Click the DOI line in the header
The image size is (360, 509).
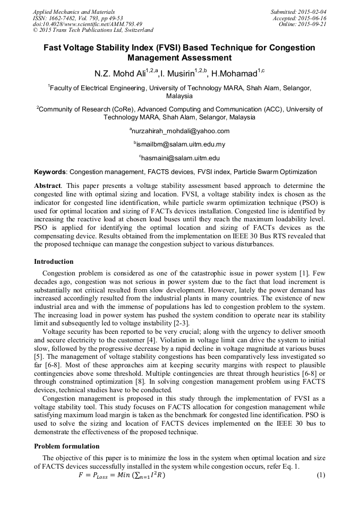[88, 24]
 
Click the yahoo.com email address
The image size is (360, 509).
[179, 131]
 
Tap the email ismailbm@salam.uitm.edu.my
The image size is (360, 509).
[179, 144]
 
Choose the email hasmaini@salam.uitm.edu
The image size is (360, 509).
[179, 158]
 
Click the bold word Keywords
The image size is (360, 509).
[50, 172]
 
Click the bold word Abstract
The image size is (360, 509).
[47, 186]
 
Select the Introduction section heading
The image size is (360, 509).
[54, 262]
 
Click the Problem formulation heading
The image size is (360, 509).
[66, 446]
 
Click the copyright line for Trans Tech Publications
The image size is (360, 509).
[93, 30]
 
